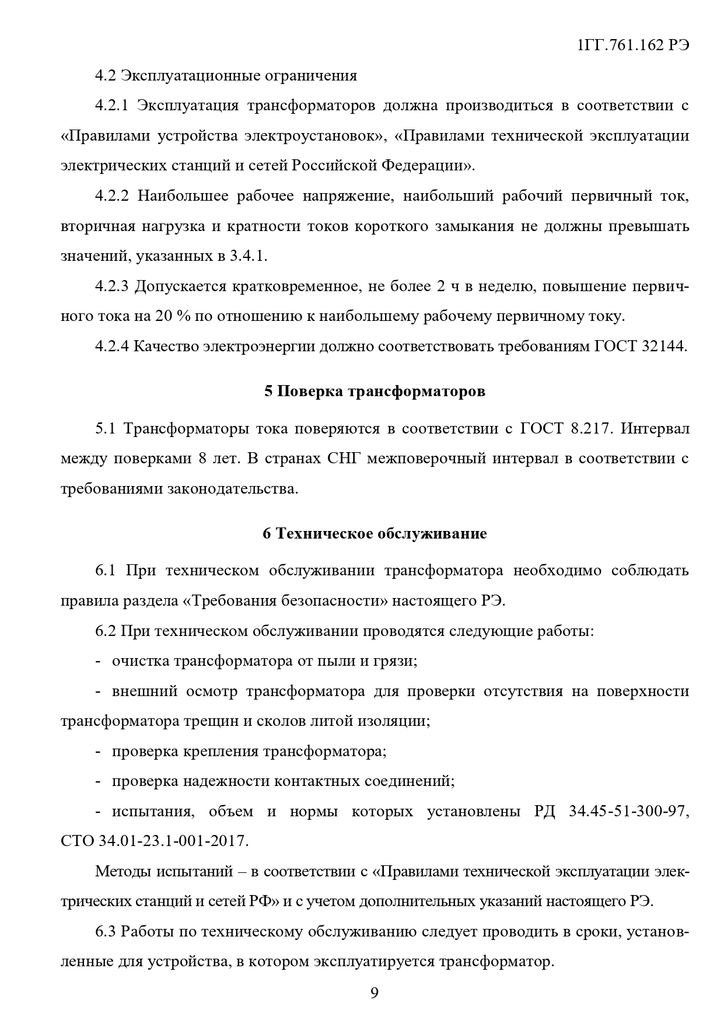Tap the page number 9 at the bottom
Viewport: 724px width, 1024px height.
tap(374, 993)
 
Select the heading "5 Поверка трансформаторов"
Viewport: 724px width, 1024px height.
tap(375, 392)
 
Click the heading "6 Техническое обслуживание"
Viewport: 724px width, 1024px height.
tap(375, 533)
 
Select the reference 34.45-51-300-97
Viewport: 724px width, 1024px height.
tap(628, 812)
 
